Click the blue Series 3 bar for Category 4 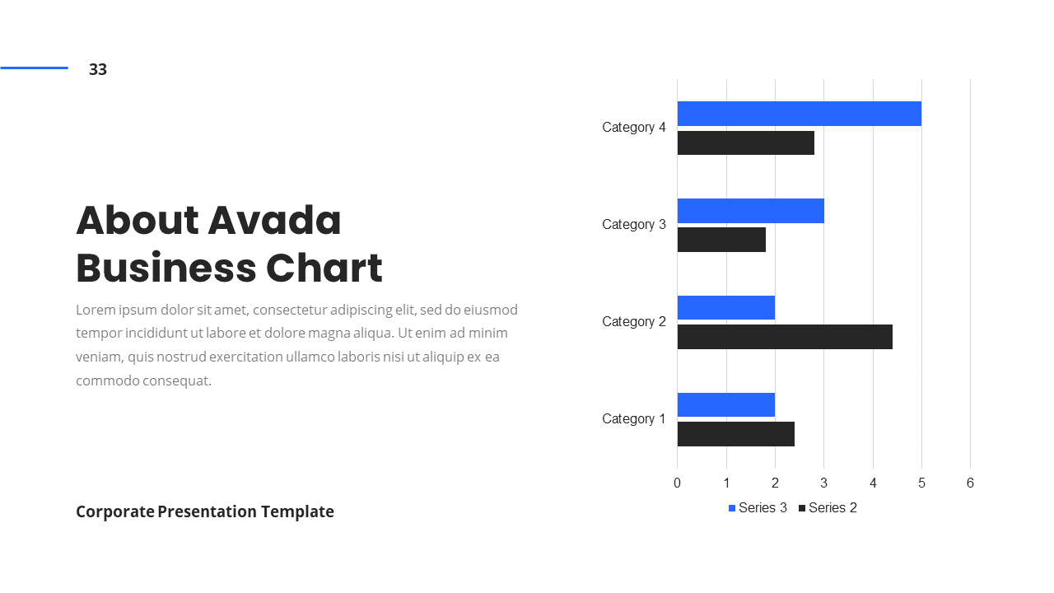tap(799, 114)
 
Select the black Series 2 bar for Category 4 tap(745, 142)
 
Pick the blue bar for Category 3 tap(750, 211)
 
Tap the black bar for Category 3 tap(721, 240)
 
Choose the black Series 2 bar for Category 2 tap(785, 337)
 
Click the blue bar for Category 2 tap(725, 308)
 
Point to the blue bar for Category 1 tap(725, 404)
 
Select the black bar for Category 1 tap(735, 434)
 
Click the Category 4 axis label tap(633, 128)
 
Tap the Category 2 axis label tap(633, 322)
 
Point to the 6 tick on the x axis tap(970, 483)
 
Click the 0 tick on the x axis tap(677, 483)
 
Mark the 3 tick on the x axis tap(823, 483)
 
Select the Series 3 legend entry tap(758, 508)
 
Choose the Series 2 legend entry tap(828, 508)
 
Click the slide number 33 tap(98, 70)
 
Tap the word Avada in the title tap(274, 221)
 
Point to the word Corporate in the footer tap(114, 511)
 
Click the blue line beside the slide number tap(34, 68)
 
